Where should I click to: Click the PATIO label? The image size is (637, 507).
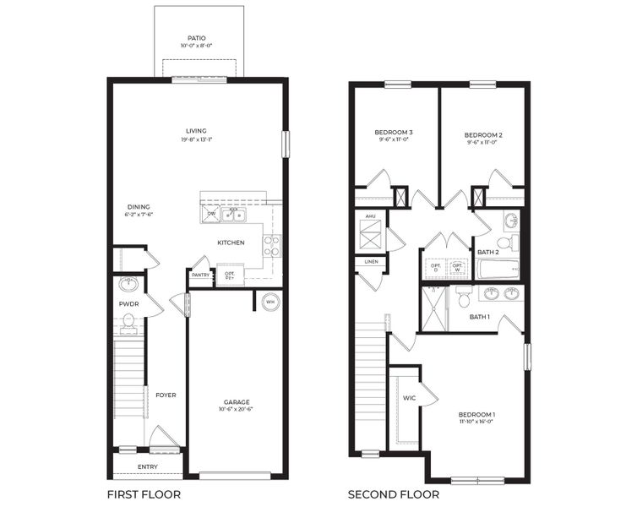click(197, 38)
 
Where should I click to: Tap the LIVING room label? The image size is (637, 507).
click(197, 130)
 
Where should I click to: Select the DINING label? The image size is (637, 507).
click(139, 206)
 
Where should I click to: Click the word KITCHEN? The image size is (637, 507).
click(231, 243)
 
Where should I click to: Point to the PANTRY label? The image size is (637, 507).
click(200, 275)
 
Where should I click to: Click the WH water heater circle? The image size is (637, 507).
click(270, 302)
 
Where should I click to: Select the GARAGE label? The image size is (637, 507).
click(237, 401)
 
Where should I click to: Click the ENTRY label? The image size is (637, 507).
click(147, 466)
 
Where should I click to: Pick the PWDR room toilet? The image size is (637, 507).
click(129, 321)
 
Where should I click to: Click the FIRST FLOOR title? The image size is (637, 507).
click(144, 493)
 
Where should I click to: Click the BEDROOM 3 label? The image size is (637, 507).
click(393, 133)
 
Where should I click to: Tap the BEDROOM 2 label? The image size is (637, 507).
click(483, 134)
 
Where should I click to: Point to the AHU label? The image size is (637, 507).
click(370, 216)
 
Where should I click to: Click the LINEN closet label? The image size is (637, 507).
click(372, 262)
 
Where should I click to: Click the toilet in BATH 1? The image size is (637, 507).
click(463, 297)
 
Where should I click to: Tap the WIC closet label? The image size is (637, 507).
click(410, 397)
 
